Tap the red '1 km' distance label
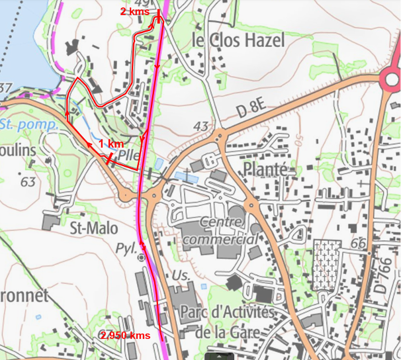coord(111,144)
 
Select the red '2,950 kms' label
coord(126,336)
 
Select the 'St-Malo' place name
coord(93,228)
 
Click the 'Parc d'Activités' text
coord(226,312)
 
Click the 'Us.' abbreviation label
coord(181,273)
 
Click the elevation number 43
coord(202,126)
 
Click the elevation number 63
coord(27,181)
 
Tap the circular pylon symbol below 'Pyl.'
coord(141,258)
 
